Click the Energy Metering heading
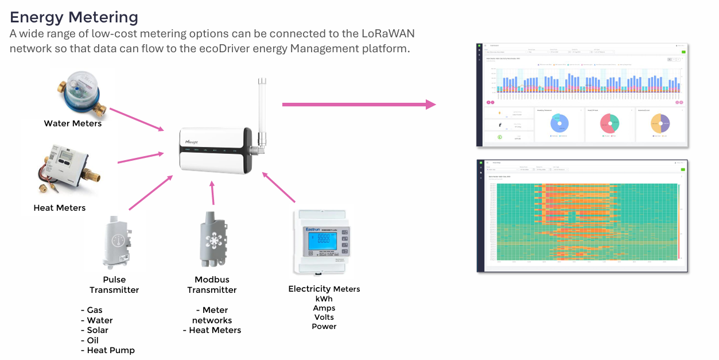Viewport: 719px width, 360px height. (74, 17)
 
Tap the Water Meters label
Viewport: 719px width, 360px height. (73, 123)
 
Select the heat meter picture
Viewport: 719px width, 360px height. (68, 170)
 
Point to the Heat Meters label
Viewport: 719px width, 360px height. (60, 208)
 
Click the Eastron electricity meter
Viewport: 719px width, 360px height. (321, 242)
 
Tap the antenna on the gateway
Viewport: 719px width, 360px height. (262, 112)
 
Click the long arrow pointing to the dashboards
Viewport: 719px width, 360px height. (359, 104)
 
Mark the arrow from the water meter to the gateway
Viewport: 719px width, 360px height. (135, 118)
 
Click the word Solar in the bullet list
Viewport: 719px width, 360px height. (98, 330)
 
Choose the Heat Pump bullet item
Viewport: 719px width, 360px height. (110, 350)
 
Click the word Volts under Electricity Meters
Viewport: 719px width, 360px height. (324, 317)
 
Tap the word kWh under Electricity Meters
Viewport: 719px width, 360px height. (324, 299)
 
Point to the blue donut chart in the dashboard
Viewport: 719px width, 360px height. (559, 123)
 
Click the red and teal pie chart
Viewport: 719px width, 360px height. (609, 123)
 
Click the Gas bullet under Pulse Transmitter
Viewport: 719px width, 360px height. (95, 310)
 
